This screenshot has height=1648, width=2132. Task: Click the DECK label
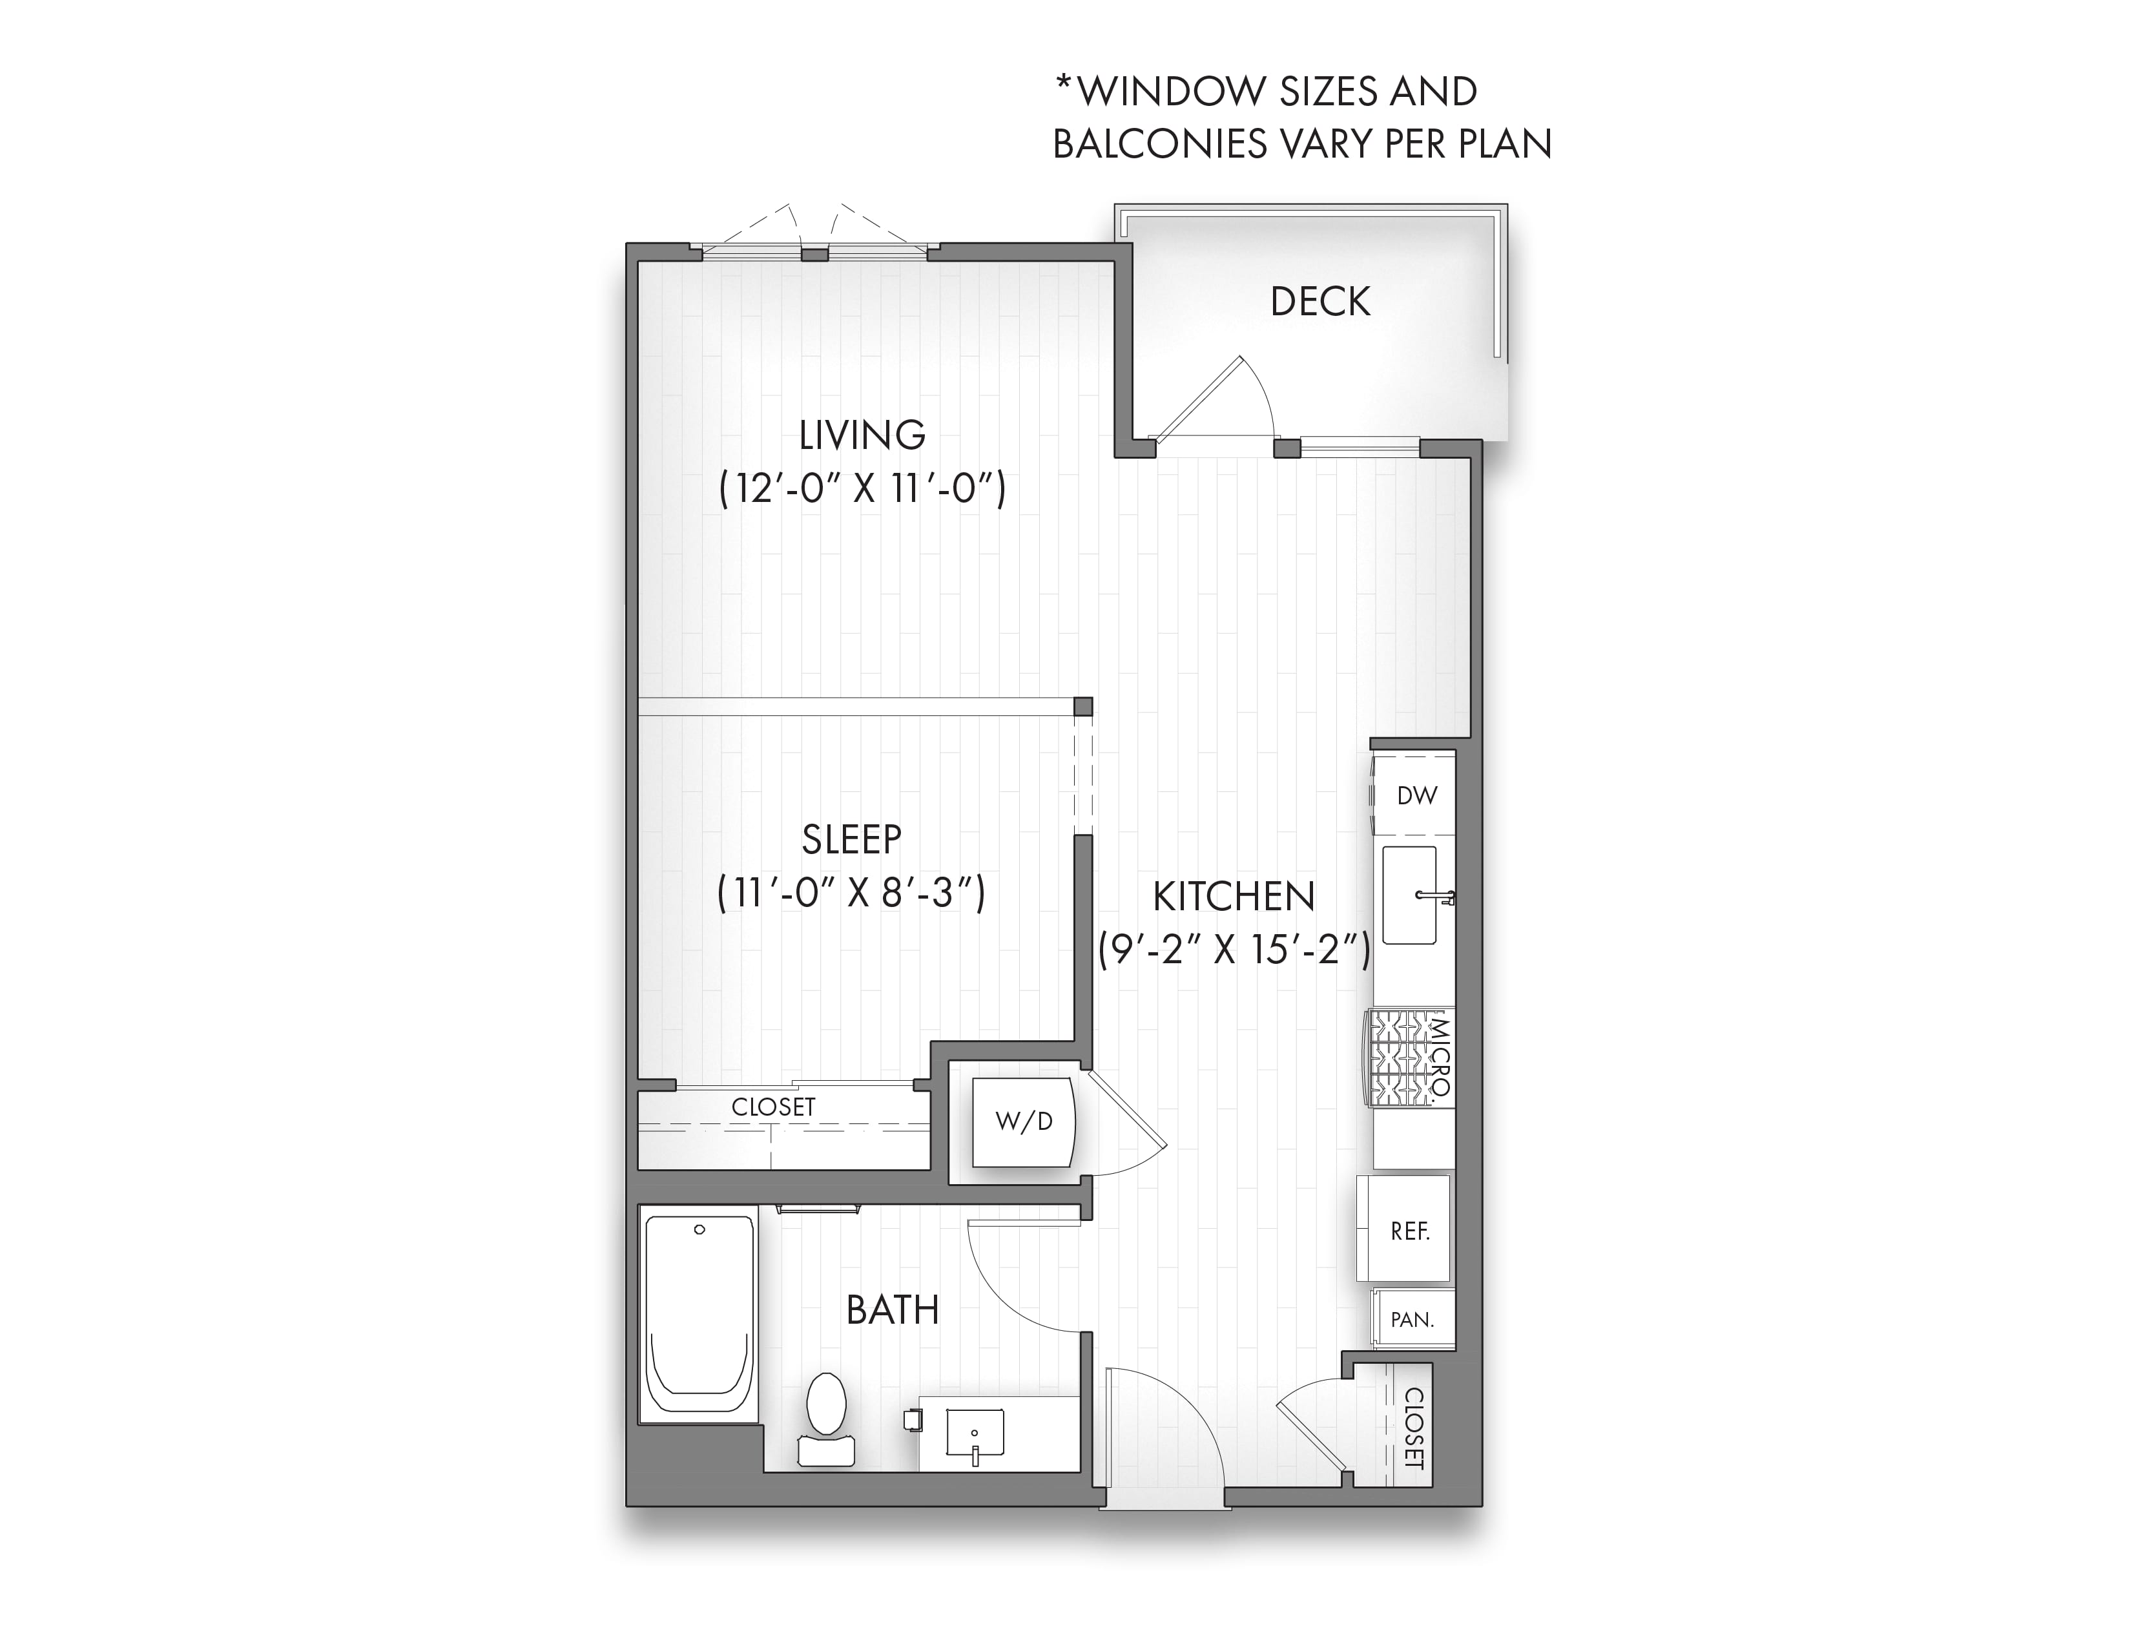1320,302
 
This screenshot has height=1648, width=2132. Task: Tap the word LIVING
862,435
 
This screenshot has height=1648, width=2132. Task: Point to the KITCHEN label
1234,896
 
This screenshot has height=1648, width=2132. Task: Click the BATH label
892,1310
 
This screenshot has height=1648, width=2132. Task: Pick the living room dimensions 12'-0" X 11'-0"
862,488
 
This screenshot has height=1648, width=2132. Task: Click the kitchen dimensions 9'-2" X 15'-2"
1234,949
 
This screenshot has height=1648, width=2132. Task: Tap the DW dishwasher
1414,795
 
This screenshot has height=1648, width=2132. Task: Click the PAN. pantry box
1413,1319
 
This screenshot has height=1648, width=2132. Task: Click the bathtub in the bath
699,1312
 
